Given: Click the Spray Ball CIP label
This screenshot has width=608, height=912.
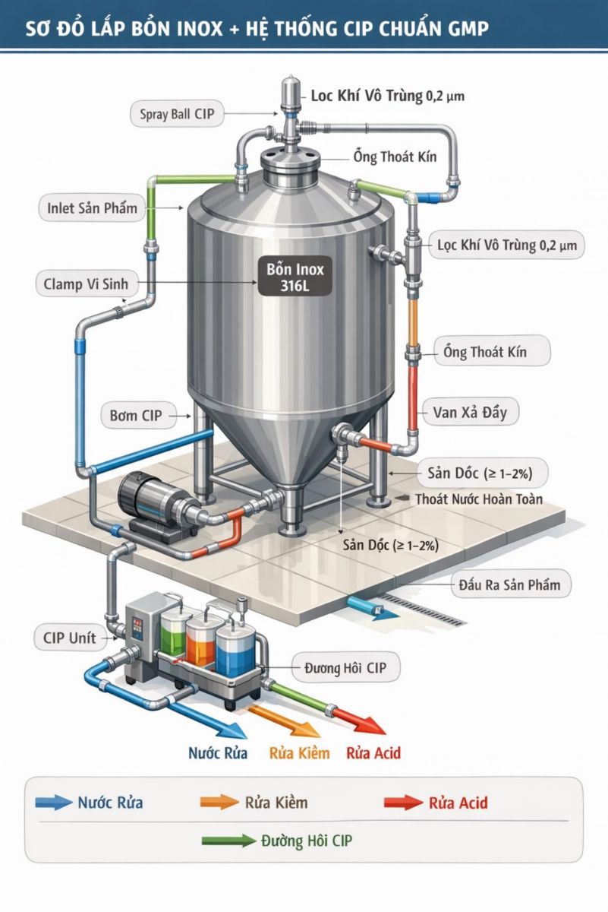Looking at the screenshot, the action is click(177, 113).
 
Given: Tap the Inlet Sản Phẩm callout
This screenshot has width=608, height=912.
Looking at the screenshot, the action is click(92, 208).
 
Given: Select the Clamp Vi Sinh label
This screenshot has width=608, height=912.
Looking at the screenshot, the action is click(86, 283).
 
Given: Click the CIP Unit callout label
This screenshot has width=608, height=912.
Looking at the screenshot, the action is click(70, 638).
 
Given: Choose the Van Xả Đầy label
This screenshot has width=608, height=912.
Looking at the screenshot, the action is click(470, 412).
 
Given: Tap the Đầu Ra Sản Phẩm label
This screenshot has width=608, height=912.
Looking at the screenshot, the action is click(510, 584).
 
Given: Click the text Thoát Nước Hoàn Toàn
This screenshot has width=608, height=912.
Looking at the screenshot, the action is click(479, 499).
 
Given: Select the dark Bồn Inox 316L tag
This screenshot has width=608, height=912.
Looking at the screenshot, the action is click(295, 277).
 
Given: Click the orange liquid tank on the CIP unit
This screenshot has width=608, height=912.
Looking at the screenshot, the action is click(201, 641).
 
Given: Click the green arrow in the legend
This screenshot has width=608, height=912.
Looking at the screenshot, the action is click(229, 841).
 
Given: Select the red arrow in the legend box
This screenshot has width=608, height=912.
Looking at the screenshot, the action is click(403, 803).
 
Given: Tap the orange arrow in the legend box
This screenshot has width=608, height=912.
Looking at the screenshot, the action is click(219, 802).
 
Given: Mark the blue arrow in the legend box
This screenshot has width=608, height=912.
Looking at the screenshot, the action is click(53, 802).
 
